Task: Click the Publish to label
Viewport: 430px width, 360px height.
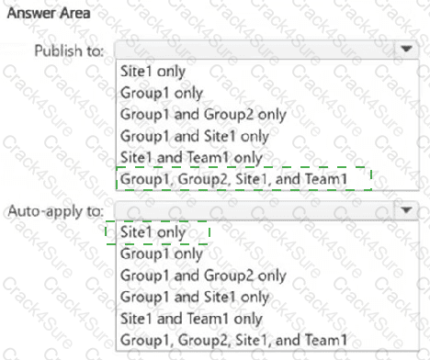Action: pyautogui.click(x=69, y=51)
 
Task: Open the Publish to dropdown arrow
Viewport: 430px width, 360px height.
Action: pyautogui.click(x=405, y=50)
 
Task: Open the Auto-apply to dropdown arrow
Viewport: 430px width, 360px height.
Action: pyautogui.click(x=405, y=210)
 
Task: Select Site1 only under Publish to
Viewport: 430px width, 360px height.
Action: pyautogui.click(x=153, y=71)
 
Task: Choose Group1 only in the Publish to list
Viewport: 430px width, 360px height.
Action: pyautogui.click(x=161, y=92)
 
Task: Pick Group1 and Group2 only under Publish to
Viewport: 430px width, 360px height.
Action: pyautogui.click(x=202, y=113)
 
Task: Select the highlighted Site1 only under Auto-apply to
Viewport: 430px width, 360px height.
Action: pyautogui.click(x=153, y=232)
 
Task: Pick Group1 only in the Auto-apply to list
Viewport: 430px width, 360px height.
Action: pyautogui.click(x=161, y=253)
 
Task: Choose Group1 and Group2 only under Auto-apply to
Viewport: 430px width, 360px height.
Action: pyautogui.click(x=202, y=275)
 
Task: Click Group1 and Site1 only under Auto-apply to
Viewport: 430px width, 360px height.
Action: pyautogui.click(x=194, y=297)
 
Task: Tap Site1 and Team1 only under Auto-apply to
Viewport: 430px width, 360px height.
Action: pyautogui.click(x=190, y=319)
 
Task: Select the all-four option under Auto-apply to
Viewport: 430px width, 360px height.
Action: pyautogui.click(x=233, y=341)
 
